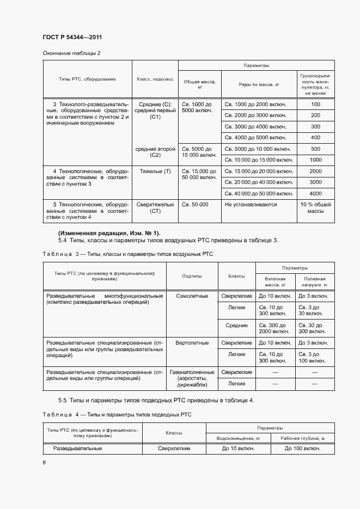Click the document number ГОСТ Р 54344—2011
[x=72, y=37]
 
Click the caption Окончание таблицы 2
[x=71, y=53]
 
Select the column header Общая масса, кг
[x=200, y=84]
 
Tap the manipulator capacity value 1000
[x=315, y=160]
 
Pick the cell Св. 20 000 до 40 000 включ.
[x=259, y=182]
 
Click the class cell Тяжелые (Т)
[x=155, y=171]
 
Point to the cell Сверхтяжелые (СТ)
[x=155, y=208]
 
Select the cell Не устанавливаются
[x=251, y=205]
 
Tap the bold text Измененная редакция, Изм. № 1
[x=109, y=233]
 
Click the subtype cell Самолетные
[x=192, y=296]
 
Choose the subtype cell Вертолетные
[x=192, y=343]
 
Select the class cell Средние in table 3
[x=236, y=325]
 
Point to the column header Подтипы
[x=192, y=276]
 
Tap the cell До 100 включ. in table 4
[x=302, y=449]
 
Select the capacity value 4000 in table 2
[x=315, y=194]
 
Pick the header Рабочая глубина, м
[x=302, y=438]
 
